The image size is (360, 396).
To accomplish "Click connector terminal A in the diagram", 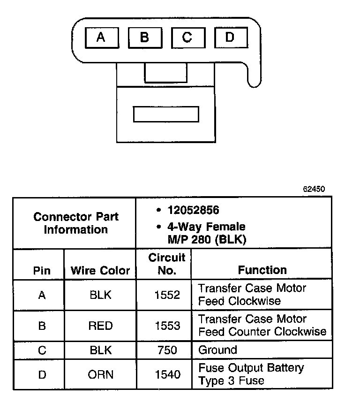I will tap(101, 38).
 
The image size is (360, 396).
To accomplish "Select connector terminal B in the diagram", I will tap(144, 38).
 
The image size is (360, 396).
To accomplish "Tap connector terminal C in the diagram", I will tap(187, 38).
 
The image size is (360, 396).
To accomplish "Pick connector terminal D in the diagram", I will tap(229, 38).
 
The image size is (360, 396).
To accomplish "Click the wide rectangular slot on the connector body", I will tap(166, 114).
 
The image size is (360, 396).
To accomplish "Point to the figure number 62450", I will tap(314, 190).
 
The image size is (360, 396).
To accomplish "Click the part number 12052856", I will tap(193, 210).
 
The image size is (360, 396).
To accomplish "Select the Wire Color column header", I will tap(100, 271).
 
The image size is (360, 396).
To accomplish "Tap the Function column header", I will tap(262, 270).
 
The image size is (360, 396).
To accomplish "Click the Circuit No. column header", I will tap(167, 264).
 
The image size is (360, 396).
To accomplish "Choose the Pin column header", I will tap(42, 271).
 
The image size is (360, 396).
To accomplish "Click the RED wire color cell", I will tap(101, 326).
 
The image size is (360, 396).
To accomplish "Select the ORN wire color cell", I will tap(101, 374).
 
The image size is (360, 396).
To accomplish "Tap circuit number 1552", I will tap(167, 295).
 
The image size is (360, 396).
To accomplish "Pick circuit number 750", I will tap(167, 350).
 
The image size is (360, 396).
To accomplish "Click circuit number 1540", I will tap(167, 374).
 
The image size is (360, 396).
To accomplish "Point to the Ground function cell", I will tap(218, 350).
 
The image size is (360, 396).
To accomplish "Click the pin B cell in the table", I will tap(42, 326).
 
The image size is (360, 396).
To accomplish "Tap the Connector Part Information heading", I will tap(76, 223).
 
